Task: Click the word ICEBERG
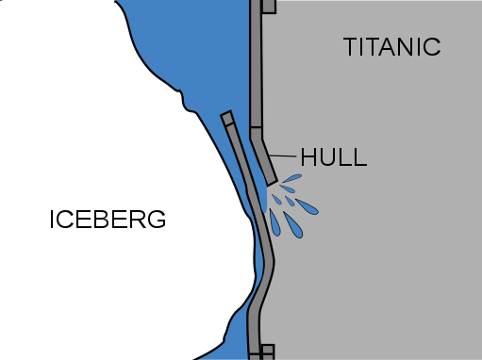(x=108, y=220)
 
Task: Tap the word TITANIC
(x=392, y=47)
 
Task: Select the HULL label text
(x=334, y=156)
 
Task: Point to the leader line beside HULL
(x=283, y=155)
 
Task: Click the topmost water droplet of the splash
(x=292, y=178)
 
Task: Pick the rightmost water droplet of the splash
(x=307, y=206)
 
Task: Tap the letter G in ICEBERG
(x=157, y=220)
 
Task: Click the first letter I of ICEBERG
(x=52, y=220)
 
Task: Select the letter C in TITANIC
(x=432, y=47)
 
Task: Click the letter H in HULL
(x=308, y=156)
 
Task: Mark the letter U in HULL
(x=326, y=157)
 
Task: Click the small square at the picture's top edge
(x=269, y=7)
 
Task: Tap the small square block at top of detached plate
(x=227, y=118)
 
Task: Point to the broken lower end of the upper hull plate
(x=272, y=182)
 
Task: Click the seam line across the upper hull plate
(x=256, y=127)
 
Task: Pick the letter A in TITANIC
(x=388, y=47)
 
